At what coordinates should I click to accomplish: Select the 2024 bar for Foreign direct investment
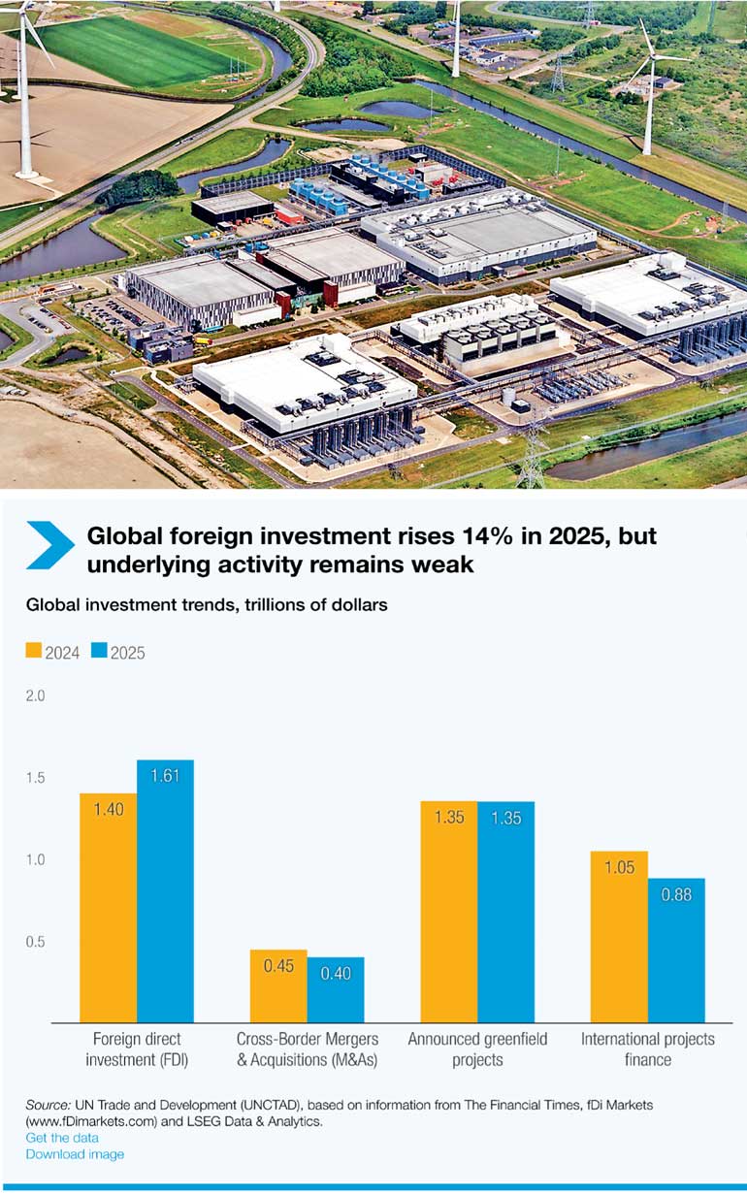(109, 907)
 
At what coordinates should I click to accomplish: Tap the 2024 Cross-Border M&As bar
(278, 985)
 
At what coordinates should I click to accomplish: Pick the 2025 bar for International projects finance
(676, 951)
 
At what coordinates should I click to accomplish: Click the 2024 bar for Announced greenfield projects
(448, 912)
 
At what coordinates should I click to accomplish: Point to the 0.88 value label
(676, 895)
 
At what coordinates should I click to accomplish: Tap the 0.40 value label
(336, 973)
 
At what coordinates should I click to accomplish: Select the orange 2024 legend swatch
(34, 651)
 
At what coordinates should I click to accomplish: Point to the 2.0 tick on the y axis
(35, 696)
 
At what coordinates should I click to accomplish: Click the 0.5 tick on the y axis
(35, 942)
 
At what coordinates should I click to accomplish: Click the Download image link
(75, 1154)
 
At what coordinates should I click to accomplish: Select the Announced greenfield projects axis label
(477, 1049)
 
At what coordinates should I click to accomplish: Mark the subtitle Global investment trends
(207, 604)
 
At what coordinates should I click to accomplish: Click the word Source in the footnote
(48, 1105)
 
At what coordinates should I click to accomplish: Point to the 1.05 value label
(619, 868)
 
